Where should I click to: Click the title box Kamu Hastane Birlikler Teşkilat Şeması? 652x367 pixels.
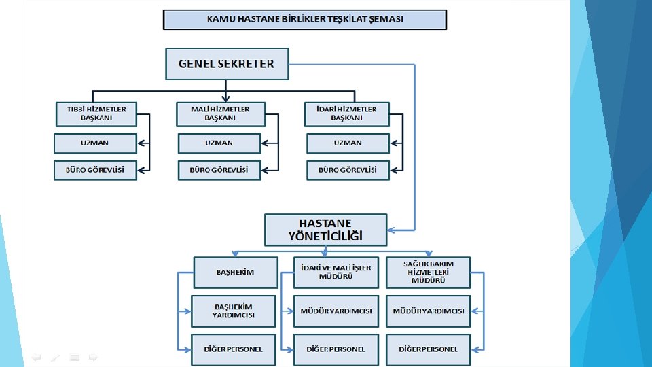(x=305, y=19)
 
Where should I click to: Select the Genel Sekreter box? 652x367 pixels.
(x=227, y=64)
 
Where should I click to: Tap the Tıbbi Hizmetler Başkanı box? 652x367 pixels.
(x=96, y=113)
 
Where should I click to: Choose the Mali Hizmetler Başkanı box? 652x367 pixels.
(x=220, y=113)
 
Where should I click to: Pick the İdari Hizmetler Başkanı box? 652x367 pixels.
(x=346, y=113)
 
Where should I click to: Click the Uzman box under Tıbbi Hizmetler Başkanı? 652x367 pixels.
(x=96, y=143)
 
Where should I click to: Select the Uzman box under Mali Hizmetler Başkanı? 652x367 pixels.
(x=219, y=143)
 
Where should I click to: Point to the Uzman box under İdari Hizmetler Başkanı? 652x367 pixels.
(x=348, y=143)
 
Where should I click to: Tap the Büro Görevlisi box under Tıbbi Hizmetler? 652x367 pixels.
(x=96, y=170)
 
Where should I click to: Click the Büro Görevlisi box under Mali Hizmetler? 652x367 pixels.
(x=219, y=170)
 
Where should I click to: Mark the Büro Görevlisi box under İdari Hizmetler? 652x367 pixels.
(x=348, y=170)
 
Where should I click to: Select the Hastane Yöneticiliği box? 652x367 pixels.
(x=325, y=230)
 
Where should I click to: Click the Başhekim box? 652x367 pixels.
(x=235, y=273)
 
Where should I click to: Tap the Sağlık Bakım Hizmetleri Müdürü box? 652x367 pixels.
(x=428, y=273)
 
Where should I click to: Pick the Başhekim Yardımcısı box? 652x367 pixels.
(x=233, y=311)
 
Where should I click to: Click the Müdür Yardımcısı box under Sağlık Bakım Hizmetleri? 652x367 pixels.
(x=428, y=311)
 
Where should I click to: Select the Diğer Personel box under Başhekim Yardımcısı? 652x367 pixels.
(x=233, y=349)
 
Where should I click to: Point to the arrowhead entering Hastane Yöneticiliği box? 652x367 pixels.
(x=391, y=230)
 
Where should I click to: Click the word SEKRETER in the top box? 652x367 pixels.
(x=247, y=64)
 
